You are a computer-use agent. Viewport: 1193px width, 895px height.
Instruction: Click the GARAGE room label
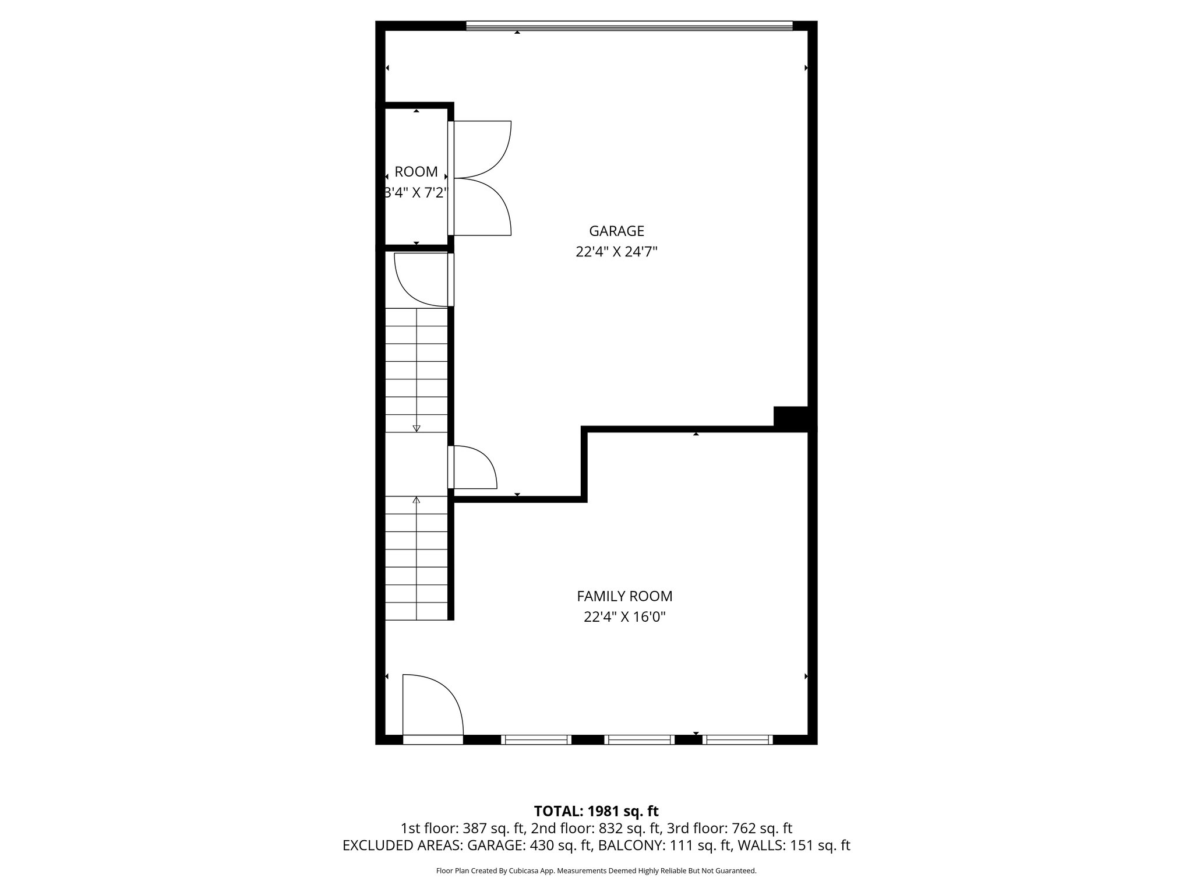[616, 231]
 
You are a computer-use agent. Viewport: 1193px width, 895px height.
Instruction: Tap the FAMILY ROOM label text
[624, 596]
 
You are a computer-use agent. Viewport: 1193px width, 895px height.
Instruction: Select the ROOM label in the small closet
[416, 172]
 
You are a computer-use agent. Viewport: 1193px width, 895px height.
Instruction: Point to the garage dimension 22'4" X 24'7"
[616, 252]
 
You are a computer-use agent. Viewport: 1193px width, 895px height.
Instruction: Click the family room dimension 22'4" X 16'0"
[624, 616]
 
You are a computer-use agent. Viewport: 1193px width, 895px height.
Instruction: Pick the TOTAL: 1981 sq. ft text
[596, 811]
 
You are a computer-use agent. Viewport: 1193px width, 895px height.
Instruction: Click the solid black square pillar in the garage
[790, 417]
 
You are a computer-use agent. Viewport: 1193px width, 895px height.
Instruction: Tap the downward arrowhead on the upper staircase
[417, 428]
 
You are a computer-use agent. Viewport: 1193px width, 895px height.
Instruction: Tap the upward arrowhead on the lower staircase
[417, 500]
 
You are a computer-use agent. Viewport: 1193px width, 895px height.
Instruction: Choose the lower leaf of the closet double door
[482, 207]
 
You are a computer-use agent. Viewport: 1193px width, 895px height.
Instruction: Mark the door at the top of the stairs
[421, 279]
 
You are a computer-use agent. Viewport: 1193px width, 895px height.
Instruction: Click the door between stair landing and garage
[473, 467]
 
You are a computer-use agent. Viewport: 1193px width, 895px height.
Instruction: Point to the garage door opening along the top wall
[629, 26]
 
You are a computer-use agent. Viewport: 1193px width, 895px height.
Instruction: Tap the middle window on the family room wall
[639, 739]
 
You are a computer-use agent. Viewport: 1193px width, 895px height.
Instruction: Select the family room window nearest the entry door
[536, 739]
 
